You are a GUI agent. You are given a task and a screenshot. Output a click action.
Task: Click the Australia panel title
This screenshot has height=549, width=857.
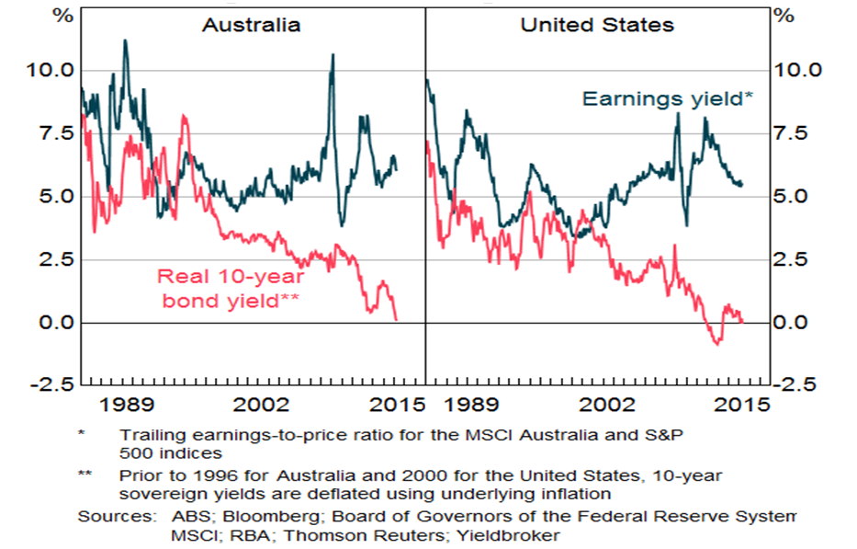click(251, 25)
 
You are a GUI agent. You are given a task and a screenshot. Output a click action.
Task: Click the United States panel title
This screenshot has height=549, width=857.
click(597, 25)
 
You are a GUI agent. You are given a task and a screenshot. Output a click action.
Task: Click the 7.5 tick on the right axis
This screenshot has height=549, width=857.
click(796, 133)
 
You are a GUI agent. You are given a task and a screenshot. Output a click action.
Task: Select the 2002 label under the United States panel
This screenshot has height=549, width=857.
click(609, 405)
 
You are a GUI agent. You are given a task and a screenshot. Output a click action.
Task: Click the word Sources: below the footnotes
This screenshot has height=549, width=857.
click(110, 516)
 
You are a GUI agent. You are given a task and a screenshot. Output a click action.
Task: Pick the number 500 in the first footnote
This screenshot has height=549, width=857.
click(135, 452)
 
